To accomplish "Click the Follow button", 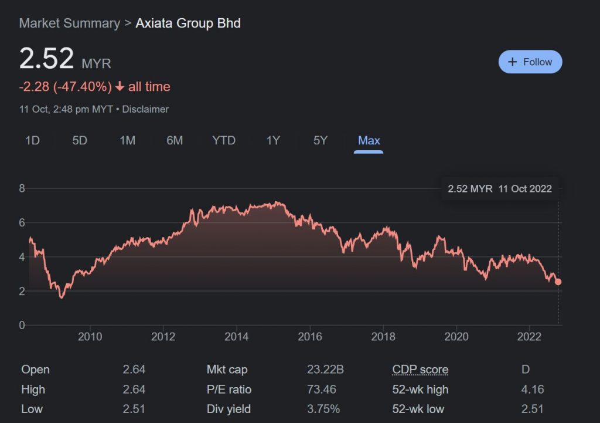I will (530, 62).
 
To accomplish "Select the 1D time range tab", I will (32, 140).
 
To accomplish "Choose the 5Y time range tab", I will (320, 140).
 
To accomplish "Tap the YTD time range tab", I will (223, 140).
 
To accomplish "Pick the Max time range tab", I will (369, 140).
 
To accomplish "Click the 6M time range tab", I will (174, 140).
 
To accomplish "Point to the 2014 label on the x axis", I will (236, 336).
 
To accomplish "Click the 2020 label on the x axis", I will (456, 336).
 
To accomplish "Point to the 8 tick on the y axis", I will (22, 188).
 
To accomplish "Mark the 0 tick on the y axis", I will (22, 325).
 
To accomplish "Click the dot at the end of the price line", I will (558, 282).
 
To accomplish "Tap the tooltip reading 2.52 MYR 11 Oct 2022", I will (499, 189).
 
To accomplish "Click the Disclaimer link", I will (145, 109).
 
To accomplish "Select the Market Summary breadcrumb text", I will (69, 23).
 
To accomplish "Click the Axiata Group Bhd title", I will (188, 23).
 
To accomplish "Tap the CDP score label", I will (420, 370).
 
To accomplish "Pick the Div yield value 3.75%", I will (323, 409).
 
